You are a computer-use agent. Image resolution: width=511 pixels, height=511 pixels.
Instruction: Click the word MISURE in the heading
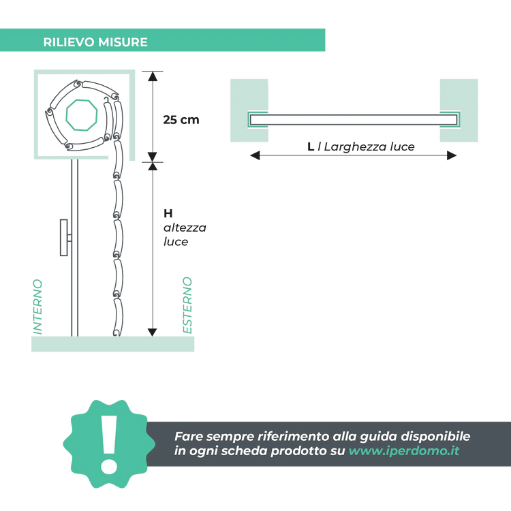point(124,42)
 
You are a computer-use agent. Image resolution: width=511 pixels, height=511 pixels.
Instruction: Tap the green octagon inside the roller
point(80,114)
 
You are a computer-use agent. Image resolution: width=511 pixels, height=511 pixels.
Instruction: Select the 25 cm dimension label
point(181,119)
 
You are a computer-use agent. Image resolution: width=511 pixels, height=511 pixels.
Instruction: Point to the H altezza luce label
point(184,227)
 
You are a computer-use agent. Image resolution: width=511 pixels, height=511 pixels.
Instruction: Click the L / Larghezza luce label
point(361,146)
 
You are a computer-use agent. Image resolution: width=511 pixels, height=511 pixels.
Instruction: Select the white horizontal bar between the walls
point(353,120)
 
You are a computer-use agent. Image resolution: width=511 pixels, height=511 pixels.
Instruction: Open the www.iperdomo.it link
point(403,451)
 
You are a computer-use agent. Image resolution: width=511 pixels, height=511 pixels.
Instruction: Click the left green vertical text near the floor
point(37,306)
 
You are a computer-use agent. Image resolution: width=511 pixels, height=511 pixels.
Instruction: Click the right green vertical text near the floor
point(187,305)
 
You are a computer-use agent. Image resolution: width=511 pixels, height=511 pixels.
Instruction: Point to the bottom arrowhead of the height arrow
point(153,330)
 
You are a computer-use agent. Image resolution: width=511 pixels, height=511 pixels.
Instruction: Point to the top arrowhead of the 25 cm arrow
point(153,75)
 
